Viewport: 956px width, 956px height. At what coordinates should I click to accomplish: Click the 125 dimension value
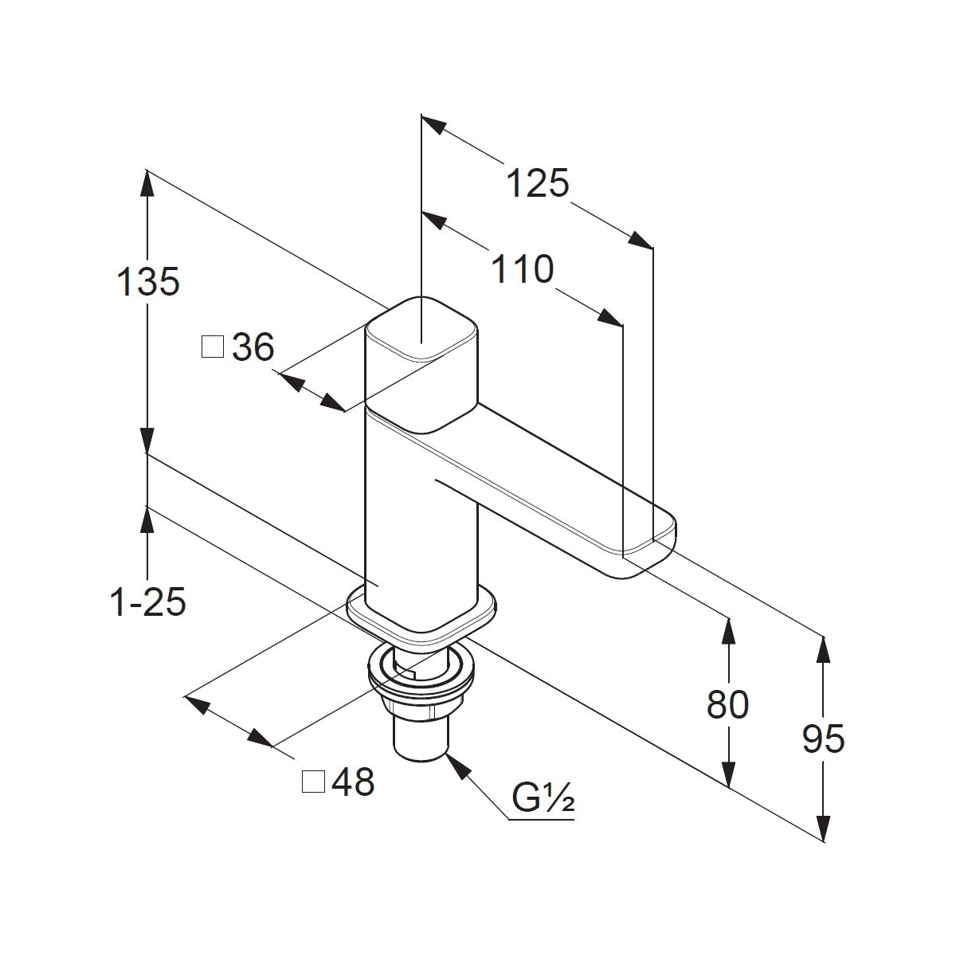click(x=539, y=184)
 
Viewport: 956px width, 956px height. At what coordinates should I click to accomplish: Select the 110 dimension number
click(x=522, y=270)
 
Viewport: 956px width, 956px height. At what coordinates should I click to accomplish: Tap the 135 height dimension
click(x=148, y=282)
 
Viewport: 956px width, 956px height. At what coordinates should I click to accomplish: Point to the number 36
click(x=253, y=347)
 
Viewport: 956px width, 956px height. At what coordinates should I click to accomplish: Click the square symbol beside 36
click(x=213, y=347)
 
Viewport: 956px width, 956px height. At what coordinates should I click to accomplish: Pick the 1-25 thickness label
click(x=148, y=603)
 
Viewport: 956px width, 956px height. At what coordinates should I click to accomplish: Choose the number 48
click(x=353, y=783)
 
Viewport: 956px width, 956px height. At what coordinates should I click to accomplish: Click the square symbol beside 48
click(x=313, y=783)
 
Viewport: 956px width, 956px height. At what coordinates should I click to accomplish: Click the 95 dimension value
click(x=823, y=739)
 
